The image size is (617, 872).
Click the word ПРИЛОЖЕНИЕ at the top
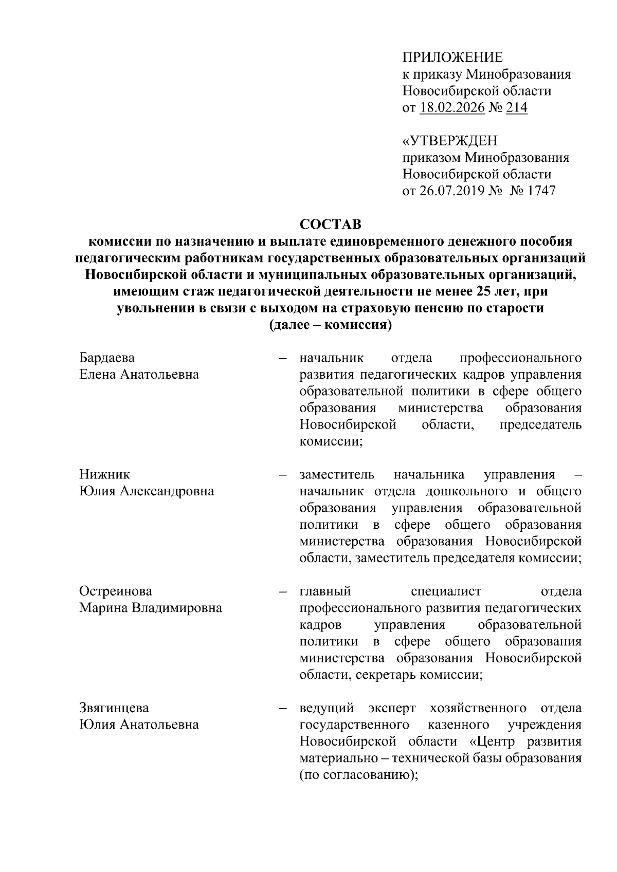[452, 58]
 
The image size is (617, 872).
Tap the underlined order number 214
[516, 108]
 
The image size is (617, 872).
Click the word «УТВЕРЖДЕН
[449, 140]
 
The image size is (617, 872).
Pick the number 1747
[539, 191]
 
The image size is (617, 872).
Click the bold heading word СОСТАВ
[331, 225]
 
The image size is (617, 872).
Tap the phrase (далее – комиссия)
[331, 325]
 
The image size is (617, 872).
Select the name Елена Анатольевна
[139, 375]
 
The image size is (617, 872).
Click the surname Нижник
[104, 474]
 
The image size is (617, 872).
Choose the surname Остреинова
[116, 591]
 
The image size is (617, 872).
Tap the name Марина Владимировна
[151, 608]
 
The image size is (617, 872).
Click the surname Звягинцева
[114, 708]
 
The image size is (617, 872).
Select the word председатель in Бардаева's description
[540, 425]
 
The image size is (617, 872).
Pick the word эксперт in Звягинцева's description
[391, 708]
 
